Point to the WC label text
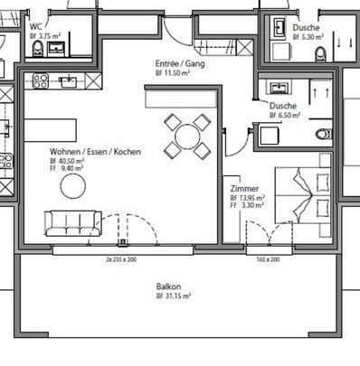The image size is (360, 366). click(36, 27)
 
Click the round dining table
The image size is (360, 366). click(187, 137)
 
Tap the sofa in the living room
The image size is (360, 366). click(72, 221)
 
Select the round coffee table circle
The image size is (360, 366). click(73, 185)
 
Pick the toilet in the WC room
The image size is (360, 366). click(38, 50)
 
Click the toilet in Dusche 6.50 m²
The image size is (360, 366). click(323, 136)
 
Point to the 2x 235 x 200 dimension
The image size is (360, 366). click(119, 258)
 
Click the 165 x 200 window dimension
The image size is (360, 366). click(267, 258)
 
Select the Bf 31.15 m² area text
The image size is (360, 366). click(172, 296)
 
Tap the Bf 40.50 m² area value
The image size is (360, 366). click(66, 160)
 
